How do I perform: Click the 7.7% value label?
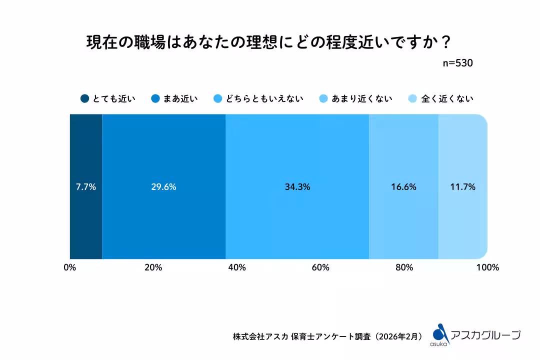coord(85,187)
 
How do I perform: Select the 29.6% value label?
coord(163,187)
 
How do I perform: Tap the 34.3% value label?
coord(297,187)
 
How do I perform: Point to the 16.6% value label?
coord(403,187)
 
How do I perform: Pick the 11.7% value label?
coord(462,187)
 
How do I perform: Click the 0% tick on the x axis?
coord(69,267)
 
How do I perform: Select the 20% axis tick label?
coord(153,267)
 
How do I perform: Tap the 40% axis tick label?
coord(236,267)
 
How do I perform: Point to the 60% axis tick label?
coord(320,267)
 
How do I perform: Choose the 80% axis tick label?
coord(403,267)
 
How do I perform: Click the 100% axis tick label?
coord(487,267)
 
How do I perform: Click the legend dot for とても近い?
coord(84,98)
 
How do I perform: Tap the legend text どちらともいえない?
coord(264,98)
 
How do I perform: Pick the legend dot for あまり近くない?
coord(323,98)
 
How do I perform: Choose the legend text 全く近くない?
coord(447,98)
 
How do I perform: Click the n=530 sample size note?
coord(458,63)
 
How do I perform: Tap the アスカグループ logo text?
coord(485,335)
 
